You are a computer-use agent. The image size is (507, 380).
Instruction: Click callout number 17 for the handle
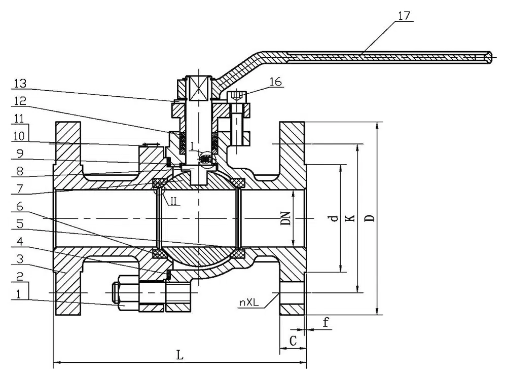(404, 15)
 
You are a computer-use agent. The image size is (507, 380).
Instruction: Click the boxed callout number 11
(19, 120)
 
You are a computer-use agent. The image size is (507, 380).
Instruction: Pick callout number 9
(19, 152)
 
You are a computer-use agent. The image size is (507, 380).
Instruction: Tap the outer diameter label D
(371, 218)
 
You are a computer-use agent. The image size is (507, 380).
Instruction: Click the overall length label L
(179, 355)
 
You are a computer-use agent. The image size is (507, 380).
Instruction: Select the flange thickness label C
(293, 341)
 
